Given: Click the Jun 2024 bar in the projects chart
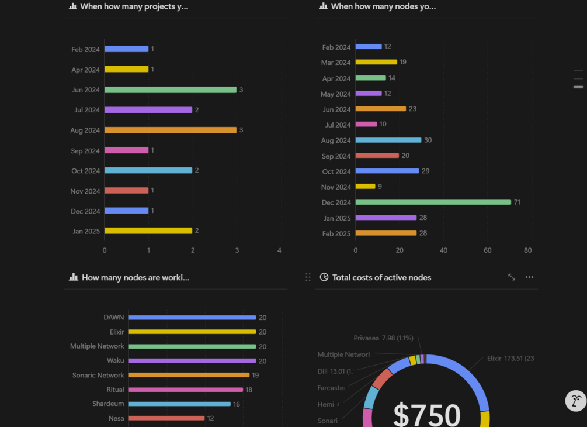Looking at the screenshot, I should click(x=171, y=90).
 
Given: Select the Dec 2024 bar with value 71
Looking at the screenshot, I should click(x=433, y=202).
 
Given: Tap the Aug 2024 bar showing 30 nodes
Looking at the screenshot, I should click(x=388, y=140).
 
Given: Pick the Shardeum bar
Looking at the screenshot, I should click(x=179, y=404).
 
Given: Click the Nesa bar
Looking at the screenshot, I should click(x=166, y=418).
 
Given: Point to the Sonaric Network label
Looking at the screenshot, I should click(x=98, y=376).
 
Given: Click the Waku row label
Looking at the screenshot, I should click(x=115, y=361).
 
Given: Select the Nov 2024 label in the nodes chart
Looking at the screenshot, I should click(x=336, y=187).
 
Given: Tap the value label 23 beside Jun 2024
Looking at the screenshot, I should click(x=412, y=109).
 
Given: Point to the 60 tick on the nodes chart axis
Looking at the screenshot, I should click(x=487, y=251).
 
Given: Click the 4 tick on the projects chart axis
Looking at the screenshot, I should click(x=279, y=251).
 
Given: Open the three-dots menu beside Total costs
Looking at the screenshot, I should click(x=529, y=277).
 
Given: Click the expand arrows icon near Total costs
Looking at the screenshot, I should click(x=512, y=277).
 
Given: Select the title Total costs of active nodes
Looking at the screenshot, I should click(x=381, y=278).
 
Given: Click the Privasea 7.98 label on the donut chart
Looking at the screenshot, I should click(x=383, y=338).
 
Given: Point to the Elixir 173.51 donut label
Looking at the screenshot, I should click(x=510, y=359).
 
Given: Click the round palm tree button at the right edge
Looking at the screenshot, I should click(x=576, y=401).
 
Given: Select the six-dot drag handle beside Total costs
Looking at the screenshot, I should click(x=308, y=277).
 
